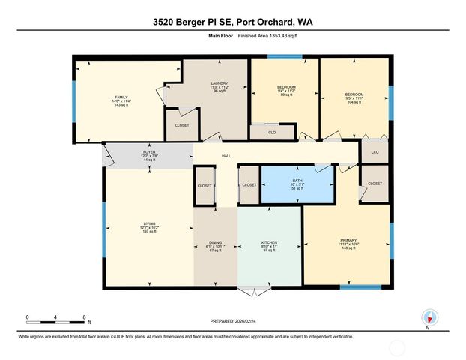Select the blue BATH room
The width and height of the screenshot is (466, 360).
click(297, 184)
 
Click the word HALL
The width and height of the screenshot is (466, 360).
click(226, 157)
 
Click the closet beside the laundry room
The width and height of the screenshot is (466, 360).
click(182, 124)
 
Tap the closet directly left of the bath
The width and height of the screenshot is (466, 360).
click(249, 184)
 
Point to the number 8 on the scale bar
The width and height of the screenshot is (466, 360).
click(84, 316)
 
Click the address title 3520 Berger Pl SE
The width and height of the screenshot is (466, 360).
click(232, 22)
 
